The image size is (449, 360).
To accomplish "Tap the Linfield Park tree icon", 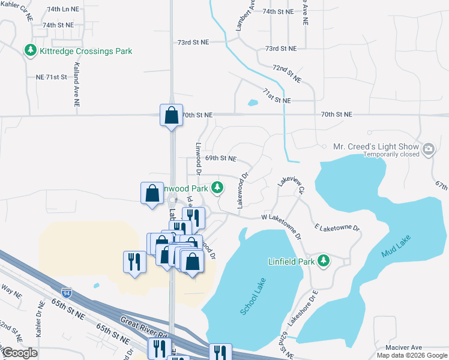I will pos(324,261).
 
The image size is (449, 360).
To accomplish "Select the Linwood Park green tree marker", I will pos(217,188).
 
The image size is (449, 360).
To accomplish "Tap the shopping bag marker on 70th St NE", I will pos(171,115).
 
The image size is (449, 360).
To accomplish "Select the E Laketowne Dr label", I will pos(336,228).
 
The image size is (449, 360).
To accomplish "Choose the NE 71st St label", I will pos(50,78).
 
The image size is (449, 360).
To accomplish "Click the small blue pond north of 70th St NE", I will pos(252,102).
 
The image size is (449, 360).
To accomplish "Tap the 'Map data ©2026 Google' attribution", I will pos(411,355).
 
